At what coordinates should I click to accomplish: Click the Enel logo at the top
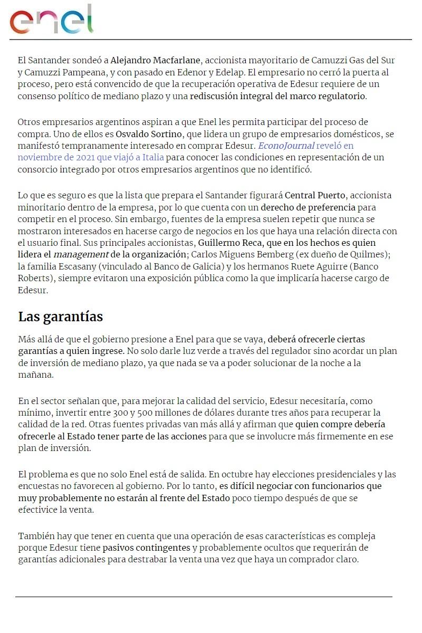[x=51, y=20]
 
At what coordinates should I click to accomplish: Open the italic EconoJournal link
[x=286, y=146]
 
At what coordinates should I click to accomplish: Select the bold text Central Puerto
[x=315, y=195]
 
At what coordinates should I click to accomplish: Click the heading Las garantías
[x=61, y=316]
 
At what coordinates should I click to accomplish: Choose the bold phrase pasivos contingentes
[x=147, y=548]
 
